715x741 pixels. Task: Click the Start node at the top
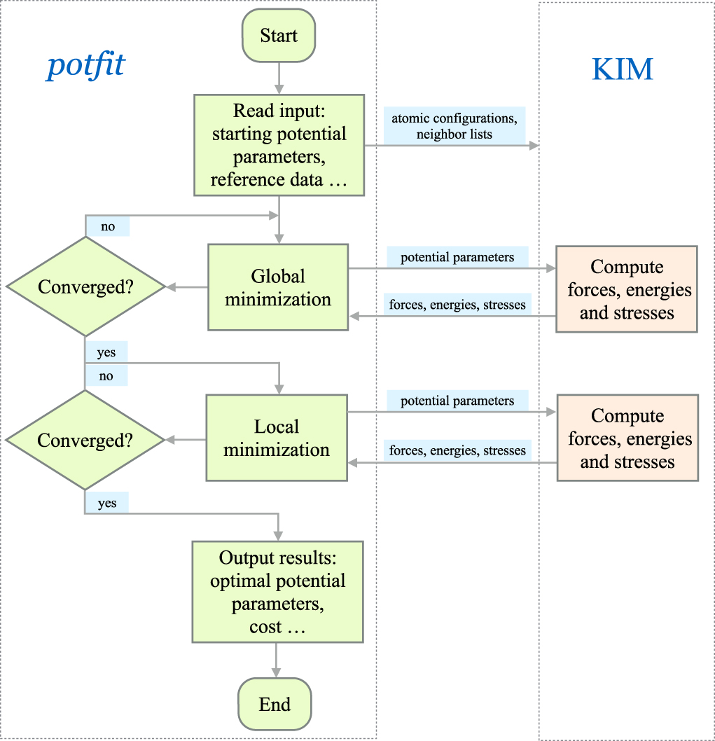(279, 36)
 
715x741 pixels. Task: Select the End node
(275, 704)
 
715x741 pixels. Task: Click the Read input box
(279, 146)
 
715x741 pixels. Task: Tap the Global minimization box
(278, 287)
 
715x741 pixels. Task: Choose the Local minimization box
(277, 438)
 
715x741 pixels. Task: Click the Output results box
(277, 592)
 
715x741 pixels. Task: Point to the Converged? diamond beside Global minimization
(85, 286)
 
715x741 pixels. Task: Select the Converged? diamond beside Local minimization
(85, 440)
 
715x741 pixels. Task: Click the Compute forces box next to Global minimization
(627, 289)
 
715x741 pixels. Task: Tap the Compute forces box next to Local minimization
(627, 438)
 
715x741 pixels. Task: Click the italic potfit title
(85, 66)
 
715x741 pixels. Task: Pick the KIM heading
(623, 69)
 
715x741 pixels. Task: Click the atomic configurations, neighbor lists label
(454, 125)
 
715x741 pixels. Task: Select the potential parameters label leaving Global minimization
(457, 258)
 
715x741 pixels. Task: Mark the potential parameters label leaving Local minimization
(457, 401)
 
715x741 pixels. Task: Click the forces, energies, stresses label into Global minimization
(457, 305)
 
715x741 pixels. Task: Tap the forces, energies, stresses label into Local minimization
(457, 450)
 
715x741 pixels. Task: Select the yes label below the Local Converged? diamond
(106, 503)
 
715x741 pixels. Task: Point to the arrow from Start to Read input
(279, 78)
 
